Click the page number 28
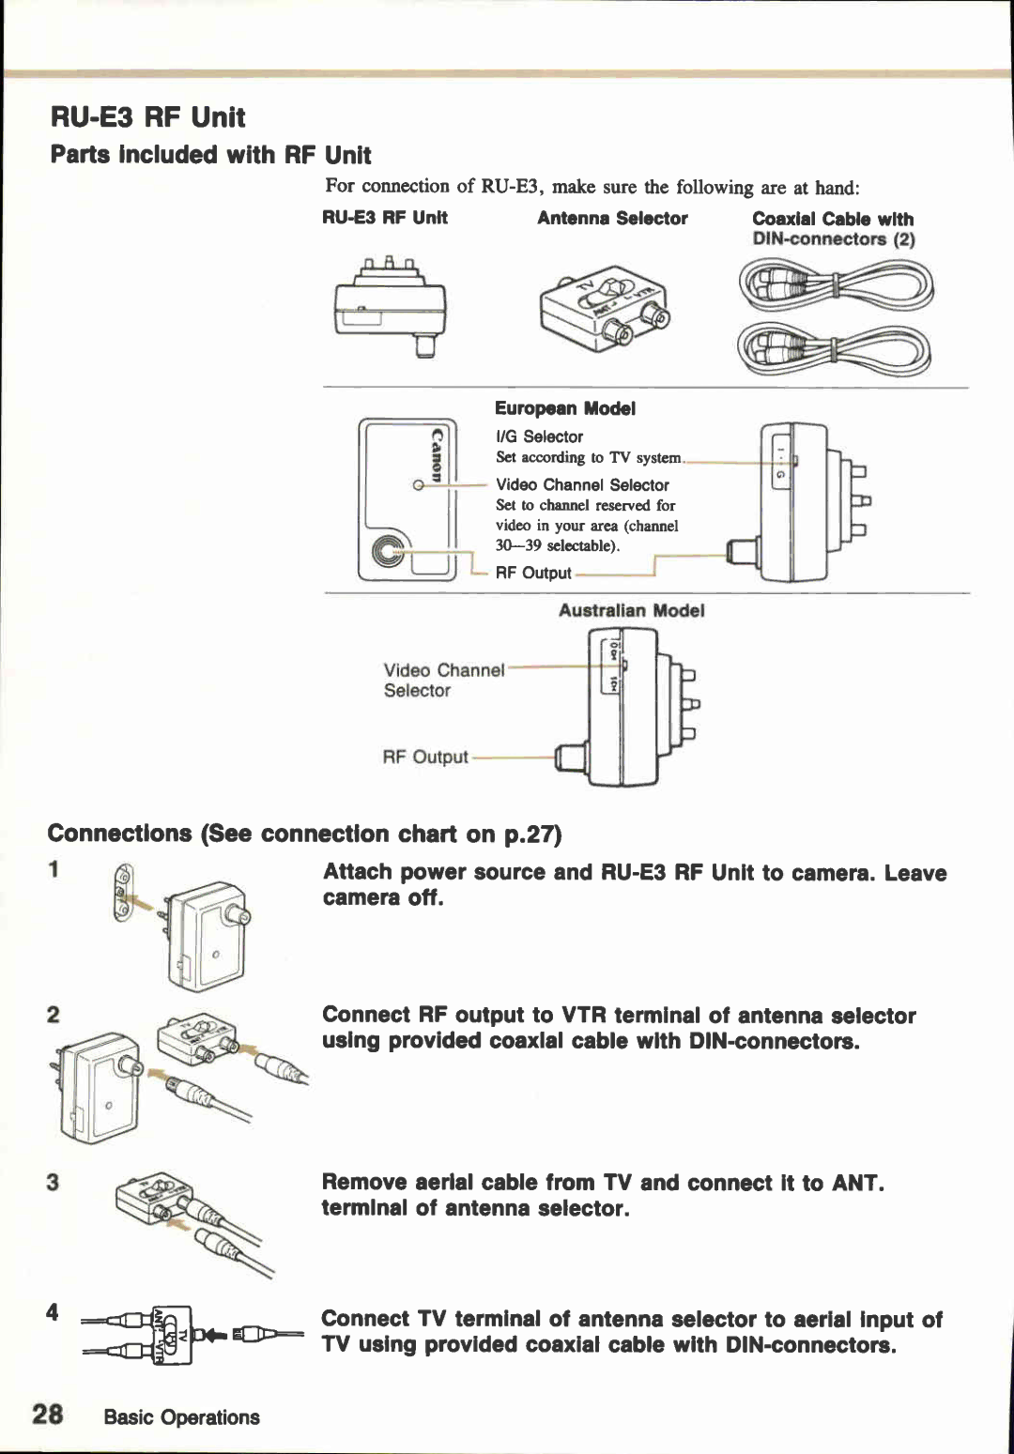(48, 1415)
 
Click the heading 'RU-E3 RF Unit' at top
(147, 117)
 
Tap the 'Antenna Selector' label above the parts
(612, 218)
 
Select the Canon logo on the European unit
(437, 454)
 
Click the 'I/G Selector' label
(539, 436)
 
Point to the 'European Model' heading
(564, 408)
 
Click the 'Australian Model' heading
(631, 610)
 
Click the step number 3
(53, 1182)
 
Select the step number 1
(54, 869)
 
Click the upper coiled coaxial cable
(836, 285)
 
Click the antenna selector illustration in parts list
(606, 311)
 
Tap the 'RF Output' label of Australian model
(424, 757)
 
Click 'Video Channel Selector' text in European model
(582, 484)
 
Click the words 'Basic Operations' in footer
(181, 1416)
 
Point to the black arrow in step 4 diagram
(217, 1334)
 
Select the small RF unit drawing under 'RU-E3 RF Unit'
(391, 305)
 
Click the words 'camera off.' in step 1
(382, 897)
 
